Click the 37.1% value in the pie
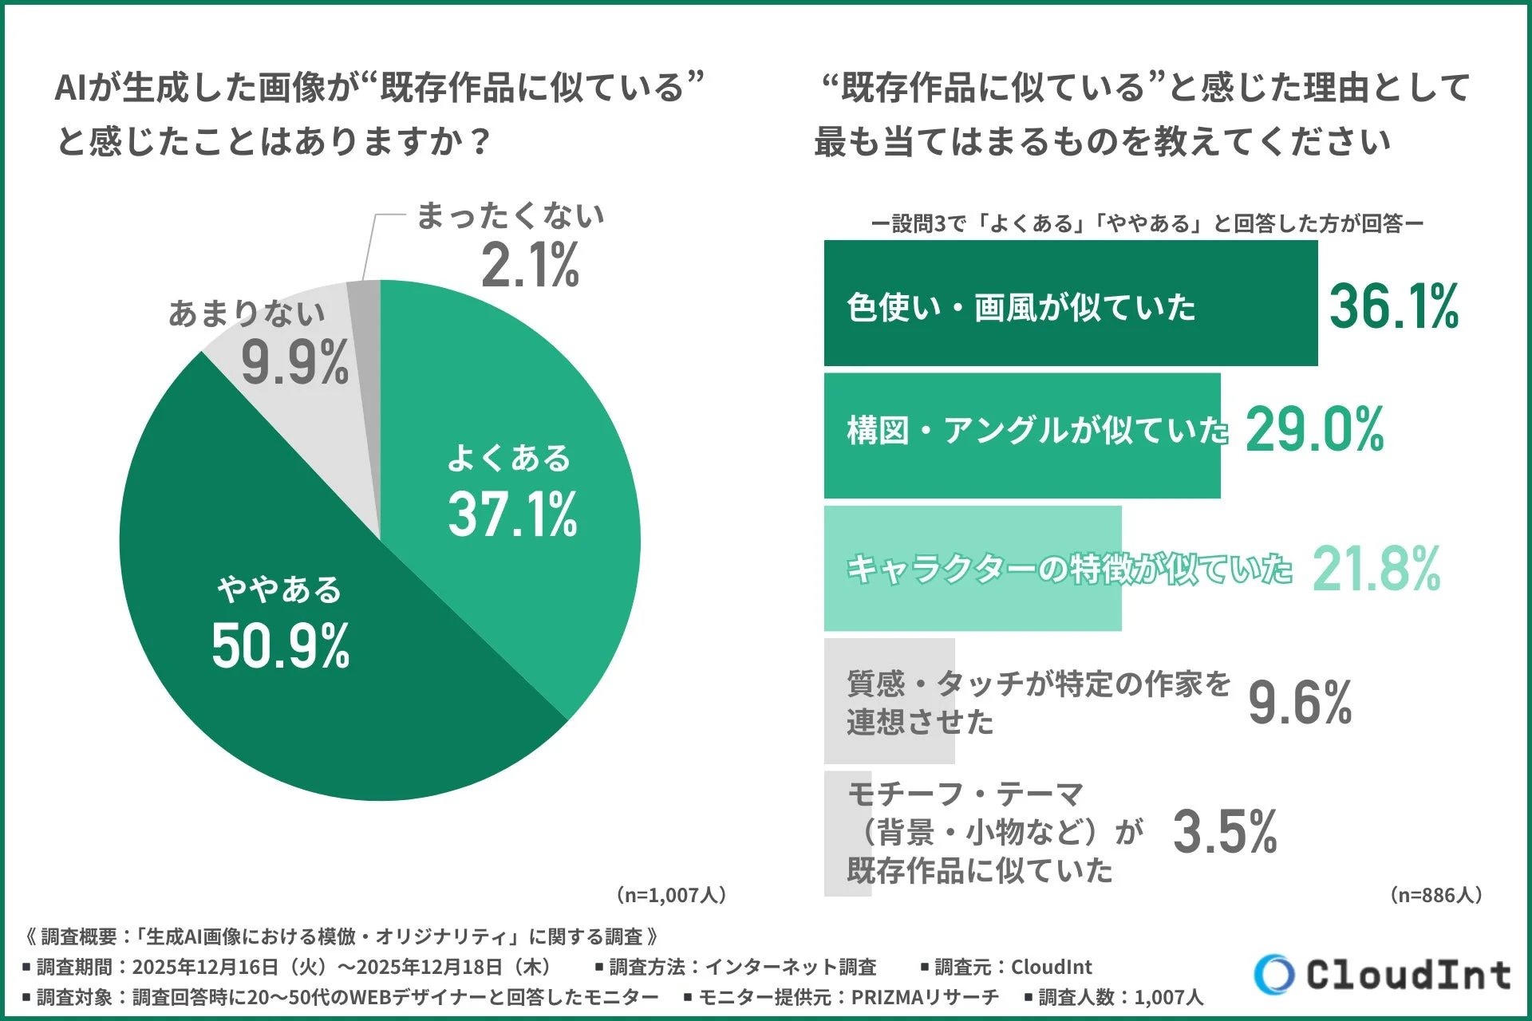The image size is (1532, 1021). (512, 514)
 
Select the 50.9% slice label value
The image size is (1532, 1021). (280, 645)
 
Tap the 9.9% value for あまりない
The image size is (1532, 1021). (294, 363)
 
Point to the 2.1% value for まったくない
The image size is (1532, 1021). (530, 265)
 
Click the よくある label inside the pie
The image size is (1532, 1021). (509, 458)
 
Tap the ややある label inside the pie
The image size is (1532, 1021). (280, 589)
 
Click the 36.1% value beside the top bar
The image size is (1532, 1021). (1393, 306)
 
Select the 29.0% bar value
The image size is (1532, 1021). (1314, 430)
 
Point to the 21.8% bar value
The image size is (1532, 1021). (1376, 569)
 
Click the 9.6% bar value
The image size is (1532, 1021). (1300, 703)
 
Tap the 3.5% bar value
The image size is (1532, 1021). (1225, 832)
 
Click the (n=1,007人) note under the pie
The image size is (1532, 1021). (671, 895)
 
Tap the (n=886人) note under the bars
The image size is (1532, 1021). (1436, 895)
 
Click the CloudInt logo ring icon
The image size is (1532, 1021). (1273, 974)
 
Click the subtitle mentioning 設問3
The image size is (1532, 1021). (1147, 223)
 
